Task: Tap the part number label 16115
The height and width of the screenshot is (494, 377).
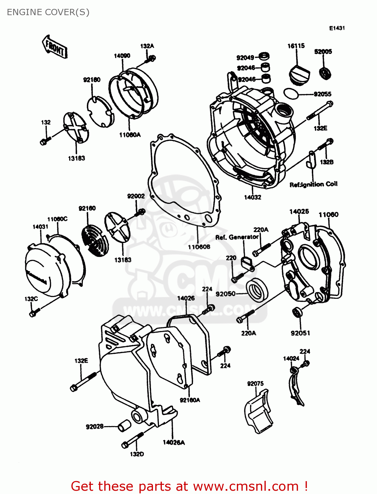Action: click(x=296, y=46)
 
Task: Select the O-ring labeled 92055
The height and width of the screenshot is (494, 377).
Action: click(x=291, y=94)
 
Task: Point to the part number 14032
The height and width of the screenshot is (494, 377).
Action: click(x=252, y=197)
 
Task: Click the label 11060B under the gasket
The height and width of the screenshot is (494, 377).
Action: click(x=199, y=247)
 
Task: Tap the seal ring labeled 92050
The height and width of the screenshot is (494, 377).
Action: click(x=257, y=289)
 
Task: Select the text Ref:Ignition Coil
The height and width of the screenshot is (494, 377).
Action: click(x=313, y=184)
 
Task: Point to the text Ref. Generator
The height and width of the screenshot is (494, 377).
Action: click(x=237, y=237)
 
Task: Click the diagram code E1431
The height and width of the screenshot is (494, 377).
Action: click(x=337, y=28)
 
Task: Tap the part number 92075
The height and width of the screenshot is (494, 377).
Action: click(x=255, y=384)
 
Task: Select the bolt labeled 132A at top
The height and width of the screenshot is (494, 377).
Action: click(x=151, y=59)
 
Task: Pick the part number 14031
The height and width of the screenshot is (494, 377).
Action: click(x=40, y=227)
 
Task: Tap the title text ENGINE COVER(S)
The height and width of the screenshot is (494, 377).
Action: click(x=48, y=12)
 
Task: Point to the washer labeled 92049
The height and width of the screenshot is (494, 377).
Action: click(x=264, y=56)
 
